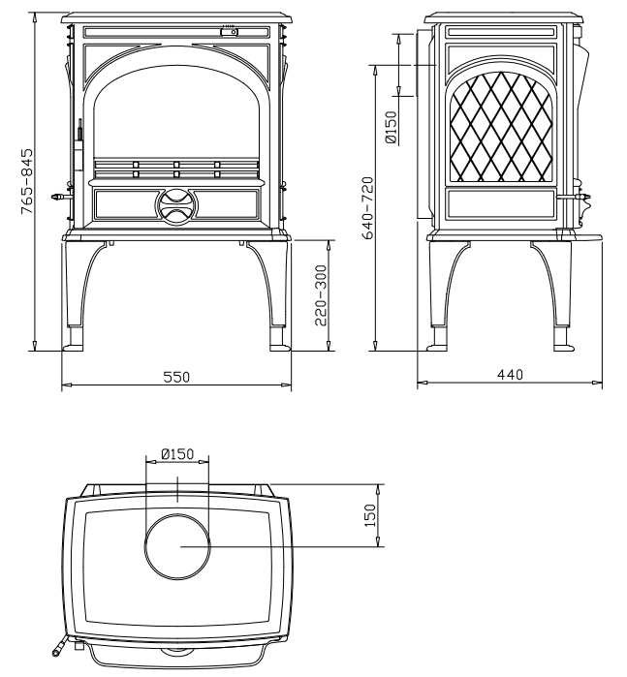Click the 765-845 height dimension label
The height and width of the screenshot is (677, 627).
coord(29,183)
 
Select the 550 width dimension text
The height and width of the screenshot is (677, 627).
coord(175,377)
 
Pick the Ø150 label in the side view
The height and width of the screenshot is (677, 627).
coord(391,127)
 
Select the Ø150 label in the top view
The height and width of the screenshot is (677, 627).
coord(176,453)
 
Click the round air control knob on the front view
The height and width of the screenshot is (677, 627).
coord(176,203)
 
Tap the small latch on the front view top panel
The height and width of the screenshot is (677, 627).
coord(229,32)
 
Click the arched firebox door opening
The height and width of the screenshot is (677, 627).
coord(176,111)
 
